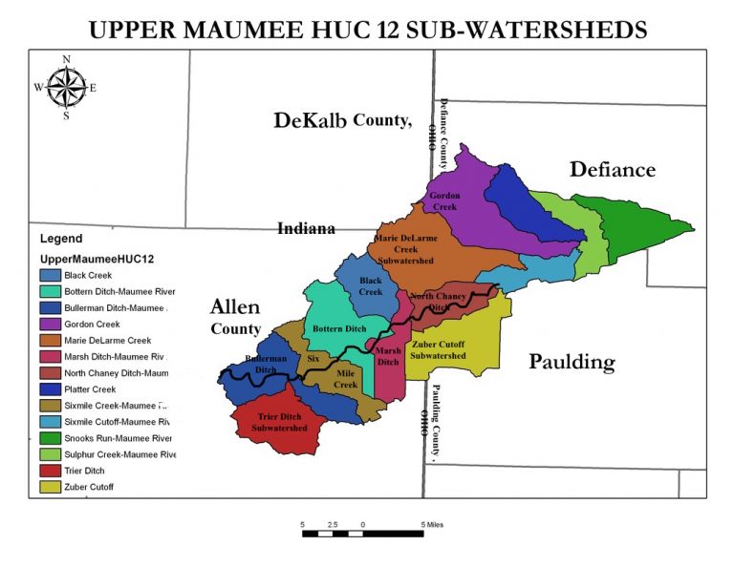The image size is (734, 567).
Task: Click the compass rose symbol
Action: click(x=66, y=87)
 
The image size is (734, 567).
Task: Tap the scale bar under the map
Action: click(x=363, y=533)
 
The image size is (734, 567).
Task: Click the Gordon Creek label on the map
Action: click(x=445, y=200)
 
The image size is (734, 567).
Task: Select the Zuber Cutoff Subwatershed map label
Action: click(x=438, y=349)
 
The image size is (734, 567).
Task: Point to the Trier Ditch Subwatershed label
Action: click(x=280, y=422)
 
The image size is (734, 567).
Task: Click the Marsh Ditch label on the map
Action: click(x=388, y=356)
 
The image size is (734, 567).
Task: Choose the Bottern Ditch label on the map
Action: click(x=340, y=328)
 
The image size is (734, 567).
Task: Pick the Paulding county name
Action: click(x=572, y=363)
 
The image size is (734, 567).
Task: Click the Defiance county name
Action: click(x=613, y=170)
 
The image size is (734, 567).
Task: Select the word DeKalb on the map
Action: click(x=310, y=120)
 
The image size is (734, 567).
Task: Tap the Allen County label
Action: click(x=235, y=317)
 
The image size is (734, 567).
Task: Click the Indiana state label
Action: click(x=306, y=229)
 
